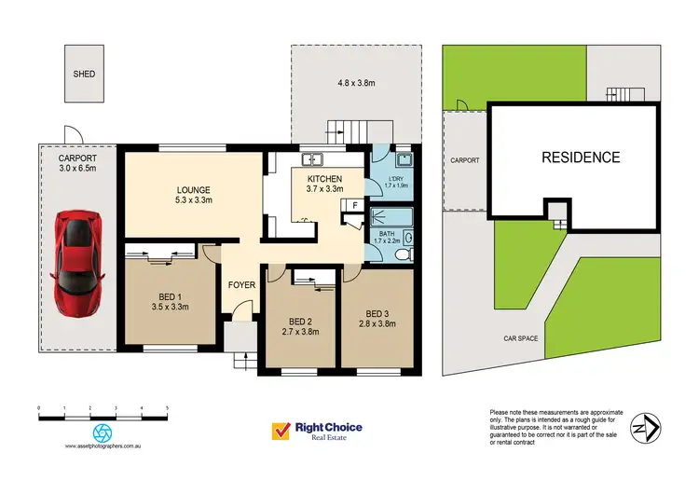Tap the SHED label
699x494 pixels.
pyautogui.click(x=85, y=74)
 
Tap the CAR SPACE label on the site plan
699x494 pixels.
pyautogui.click(x=522, y=338)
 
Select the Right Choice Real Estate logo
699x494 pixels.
pyautogui.click(x=316, y=432)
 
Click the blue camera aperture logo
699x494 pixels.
pyautogui.click(x=102, y=432)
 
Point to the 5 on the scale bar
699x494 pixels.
pyautogui.click(x=167, y=409)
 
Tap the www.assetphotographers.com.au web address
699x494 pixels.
pyautogui.click(x=103, y=446)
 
